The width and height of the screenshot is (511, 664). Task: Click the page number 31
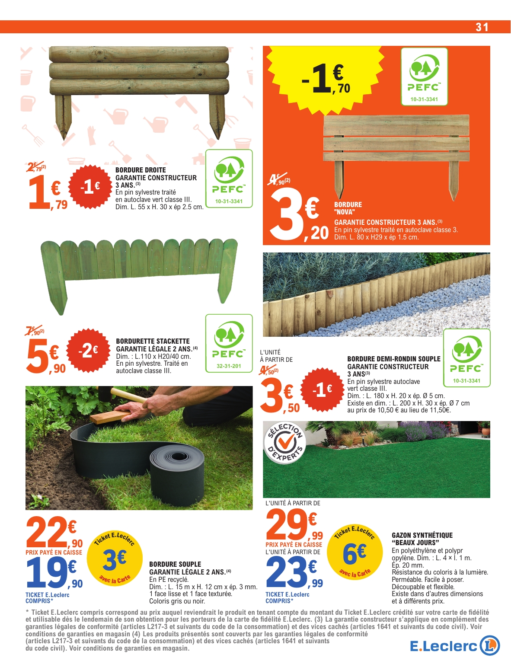coord(482,27)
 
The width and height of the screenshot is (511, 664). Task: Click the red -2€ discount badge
coord(88,350)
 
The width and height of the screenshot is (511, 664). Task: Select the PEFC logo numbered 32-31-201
coord(229,343)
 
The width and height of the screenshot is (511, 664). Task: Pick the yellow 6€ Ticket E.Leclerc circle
coord(355,554)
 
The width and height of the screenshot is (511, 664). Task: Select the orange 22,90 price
coord(54,533)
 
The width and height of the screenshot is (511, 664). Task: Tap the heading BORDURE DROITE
coord(141,170)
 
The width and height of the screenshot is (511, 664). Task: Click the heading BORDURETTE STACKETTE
coord(153,341)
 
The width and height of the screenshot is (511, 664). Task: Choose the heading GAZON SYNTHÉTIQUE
coord(422,535)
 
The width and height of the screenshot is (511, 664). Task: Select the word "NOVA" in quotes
coord(345,212)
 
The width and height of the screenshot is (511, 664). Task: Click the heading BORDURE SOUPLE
coord(175,564)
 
